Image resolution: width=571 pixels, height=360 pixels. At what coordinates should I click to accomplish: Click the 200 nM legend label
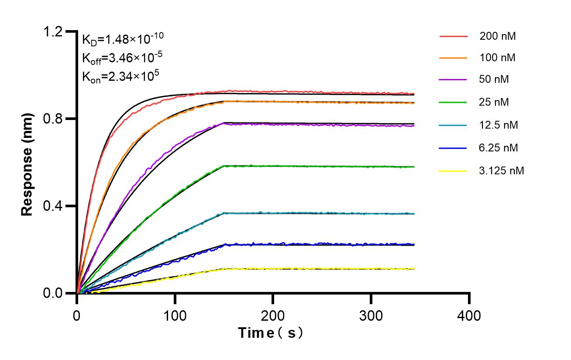pyautogui.click(x=497, y=36)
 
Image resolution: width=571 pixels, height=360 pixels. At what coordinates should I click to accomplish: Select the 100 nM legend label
pyautogui.click(x=497, y=58)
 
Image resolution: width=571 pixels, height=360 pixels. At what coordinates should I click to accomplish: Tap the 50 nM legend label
pyautogui.click(x=494, y=80)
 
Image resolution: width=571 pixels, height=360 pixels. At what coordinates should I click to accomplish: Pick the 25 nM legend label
pyautogui.click(x=494, y=103)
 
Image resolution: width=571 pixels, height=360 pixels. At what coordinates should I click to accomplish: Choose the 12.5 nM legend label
pyautogui.click(x=499, y=125)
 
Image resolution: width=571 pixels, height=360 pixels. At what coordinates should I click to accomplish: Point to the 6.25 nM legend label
pyautogui.click(x=499, y=148)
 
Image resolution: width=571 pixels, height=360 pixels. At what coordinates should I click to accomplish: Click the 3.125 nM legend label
pyautogui.click(x=501, y=171)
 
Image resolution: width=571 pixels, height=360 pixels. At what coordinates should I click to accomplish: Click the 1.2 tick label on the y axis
pyautogui.click(x=53, y=31)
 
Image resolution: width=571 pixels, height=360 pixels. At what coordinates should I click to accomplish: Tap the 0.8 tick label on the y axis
pyautogui.click(x=53, y=119)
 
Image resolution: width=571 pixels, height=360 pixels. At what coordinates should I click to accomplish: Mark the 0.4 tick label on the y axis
pyautogui.click(x=53, y=206)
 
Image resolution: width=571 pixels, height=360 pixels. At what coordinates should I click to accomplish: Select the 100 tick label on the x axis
pyautogui.click(x=175, y=315)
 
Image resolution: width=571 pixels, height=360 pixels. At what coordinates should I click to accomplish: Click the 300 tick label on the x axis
pyautogui.click(x=371, y=315)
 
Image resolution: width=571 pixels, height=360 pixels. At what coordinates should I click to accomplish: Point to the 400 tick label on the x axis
pyautogui.click(x=469, y=315)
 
